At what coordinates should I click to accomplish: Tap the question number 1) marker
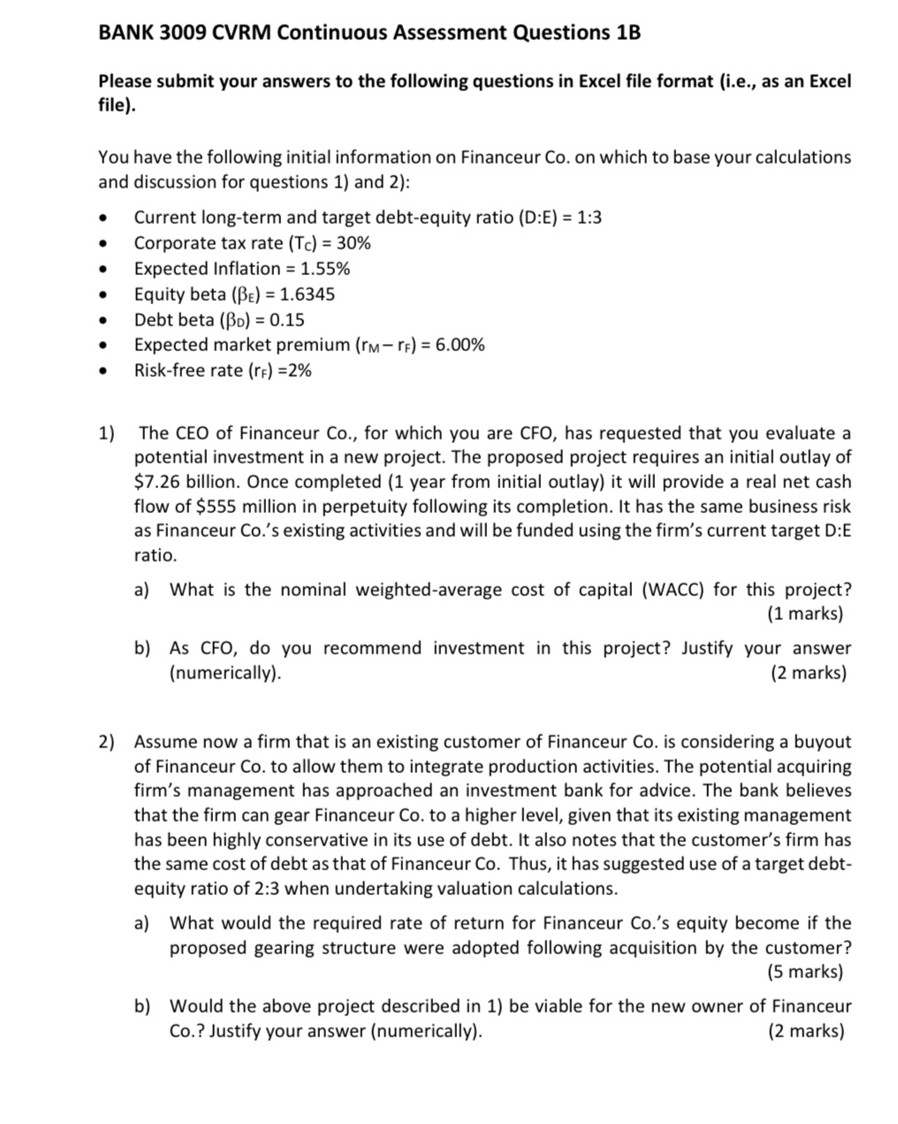tap(107, 433)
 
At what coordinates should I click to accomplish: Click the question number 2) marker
tap(107, 742)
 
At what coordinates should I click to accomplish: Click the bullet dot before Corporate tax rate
tap(105, 244)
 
